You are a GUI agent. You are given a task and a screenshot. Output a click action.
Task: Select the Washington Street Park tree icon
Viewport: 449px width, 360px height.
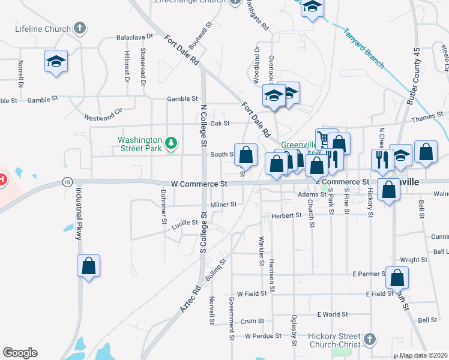point(172,143)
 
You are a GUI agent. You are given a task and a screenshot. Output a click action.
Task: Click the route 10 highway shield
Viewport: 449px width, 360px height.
point(67,181)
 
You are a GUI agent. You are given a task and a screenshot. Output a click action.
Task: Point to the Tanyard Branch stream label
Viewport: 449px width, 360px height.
point(364,49)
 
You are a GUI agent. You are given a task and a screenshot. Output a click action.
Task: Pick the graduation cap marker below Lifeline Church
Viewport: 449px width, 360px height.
point(56,62)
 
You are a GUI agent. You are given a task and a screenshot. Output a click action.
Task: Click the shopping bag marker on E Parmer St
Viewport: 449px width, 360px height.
point(397,278)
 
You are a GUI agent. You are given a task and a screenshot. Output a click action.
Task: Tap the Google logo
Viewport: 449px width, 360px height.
point(20,353)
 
